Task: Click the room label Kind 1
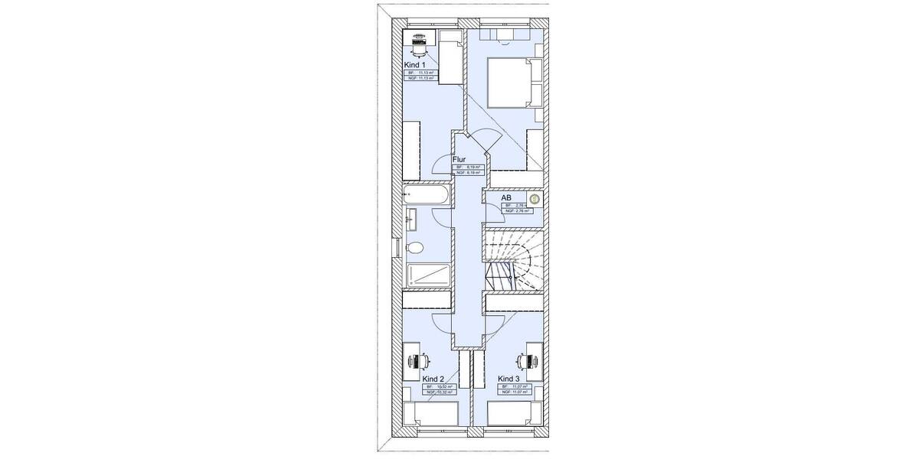pos(415,66)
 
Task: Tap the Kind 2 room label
pos(433,379)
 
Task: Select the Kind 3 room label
pos(509,379)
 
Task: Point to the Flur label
pos(459,159)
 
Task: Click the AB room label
pos(506,198)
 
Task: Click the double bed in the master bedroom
pos(508,83)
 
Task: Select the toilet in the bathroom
pos(415,248)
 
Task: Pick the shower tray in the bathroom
pos(428,275)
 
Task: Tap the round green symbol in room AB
pos(535,200)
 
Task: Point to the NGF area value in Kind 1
pos(420,78)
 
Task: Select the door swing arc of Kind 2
pos(438,321)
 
